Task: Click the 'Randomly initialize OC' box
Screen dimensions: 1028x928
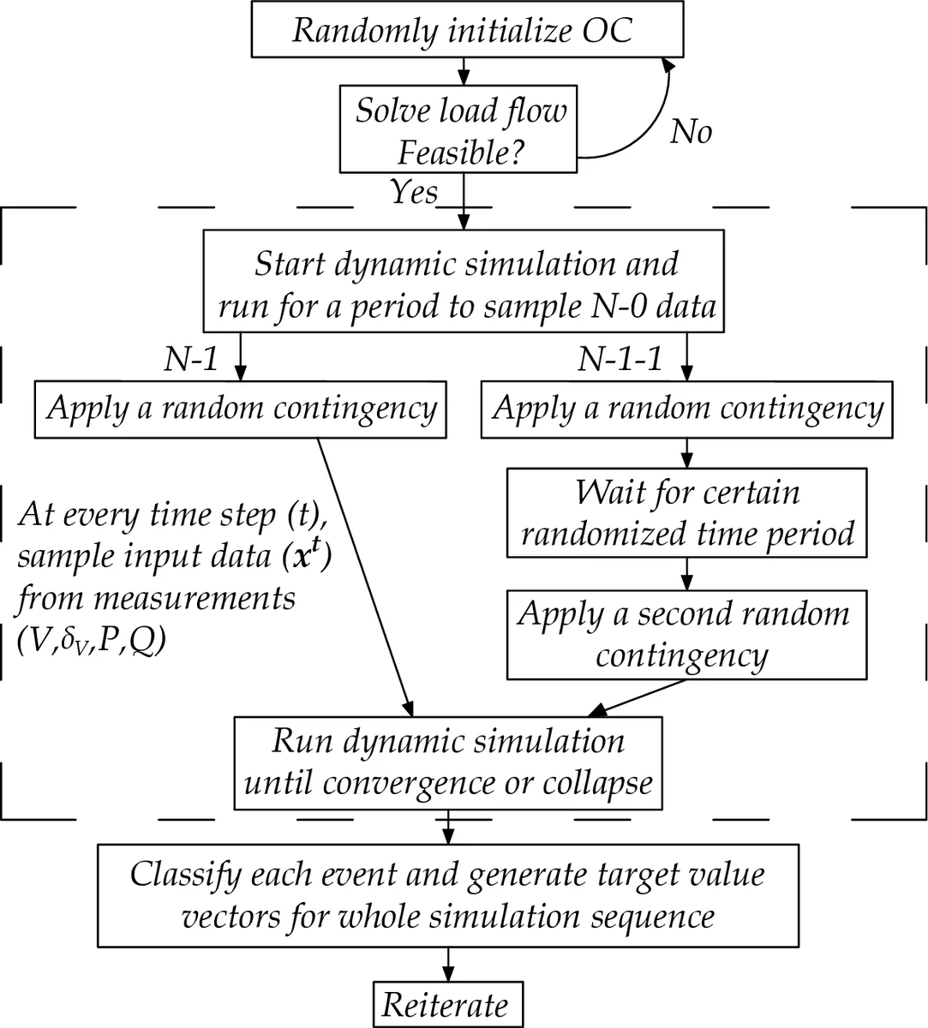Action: (x=463, y=31)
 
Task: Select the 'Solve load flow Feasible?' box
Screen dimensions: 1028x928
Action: (x=461, y=129)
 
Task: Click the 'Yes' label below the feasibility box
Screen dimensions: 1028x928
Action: (x=414, y=191)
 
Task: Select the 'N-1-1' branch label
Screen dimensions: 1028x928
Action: (x=620, y=360)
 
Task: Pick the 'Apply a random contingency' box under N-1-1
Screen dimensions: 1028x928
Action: (x=686, y=409)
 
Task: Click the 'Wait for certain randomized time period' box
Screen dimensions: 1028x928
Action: (x=686, y=512)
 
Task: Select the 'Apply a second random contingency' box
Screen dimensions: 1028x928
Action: (x=683, y=634)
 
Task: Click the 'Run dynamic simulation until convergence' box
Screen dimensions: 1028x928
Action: (x=448, y=761)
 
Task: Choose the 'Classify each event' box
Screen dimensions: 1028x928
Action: (x=447, y=894)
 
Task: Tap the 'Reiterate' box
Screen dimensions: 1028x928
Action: (x=446, y=1004)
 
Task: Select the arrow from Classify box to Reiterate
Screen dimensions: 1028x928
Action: (x=447, y=963)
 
